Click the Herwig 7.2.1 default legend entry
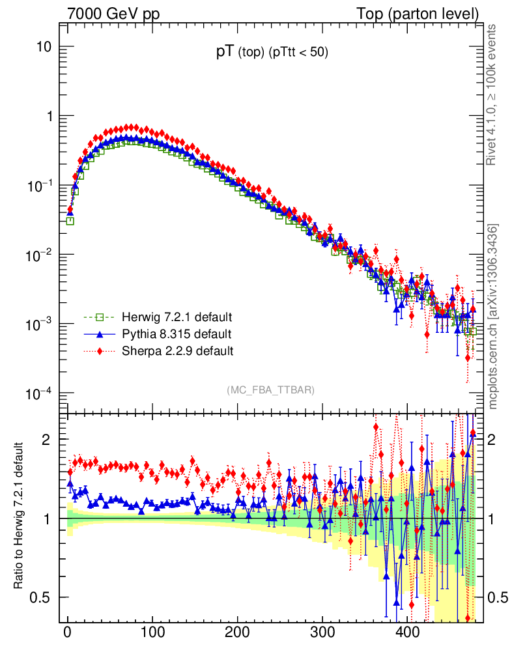(177, 318)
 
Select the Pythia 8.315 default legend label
(177, 334)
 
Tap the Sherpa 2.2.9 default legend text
(177, 351)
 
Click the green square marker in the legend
(100, 318)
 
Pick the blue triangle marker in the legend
(100, 334)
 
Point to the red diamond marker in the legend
(100, 351)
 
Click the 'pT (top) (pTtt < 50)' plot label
(272, 53)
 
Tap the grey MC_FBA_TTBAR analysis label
(270, 390)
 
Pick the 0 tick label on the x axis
(68, 632)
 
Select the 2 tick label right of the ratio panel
(495, 440)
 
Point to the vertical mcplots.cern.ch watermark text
(494, 317)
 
